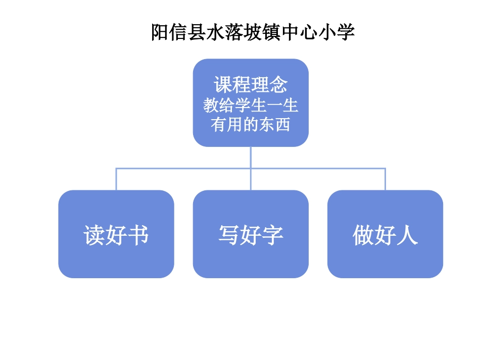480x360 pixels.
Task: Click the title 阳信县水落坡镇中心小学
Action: point(253,33)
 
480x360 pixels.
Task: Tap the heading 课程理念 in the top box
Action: point(251,84)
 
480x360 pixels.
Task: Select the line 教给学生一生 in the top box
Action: point(251,106)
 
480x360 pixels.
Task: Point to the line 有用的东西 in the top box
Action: point(251,124)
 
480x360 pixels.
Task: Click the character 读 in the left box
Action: point(94,235)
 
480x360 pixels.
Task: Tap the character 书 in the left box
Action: point(138,235)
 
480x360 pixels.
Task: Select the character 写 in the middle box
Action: point(228,235)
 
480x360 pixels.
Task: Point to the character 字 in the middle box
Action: point(273,235)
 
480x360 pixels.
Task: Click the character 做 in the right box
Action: point(363,235)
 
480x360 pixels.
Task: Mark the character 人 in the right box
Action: point(407,235)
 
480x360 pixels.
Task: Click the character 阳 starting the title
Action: point(160,33)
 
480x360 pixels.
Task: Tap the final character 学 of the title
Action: point(346,33)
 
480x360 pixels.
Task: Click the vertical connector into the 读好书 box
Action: point(116,179)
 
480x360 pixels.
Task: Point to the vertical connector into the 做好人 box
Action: point(385,179)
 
